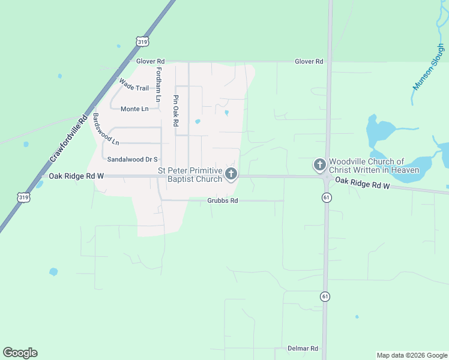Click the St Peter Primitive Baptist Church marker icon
click(x=231, y=174)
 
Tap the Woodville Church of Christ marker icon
click(x=320, y=164)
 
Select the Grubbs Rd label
click(x=223, y=200)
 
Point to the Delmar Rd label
click(x=303, y=349)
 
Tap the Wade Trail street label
click(x=133, y=85)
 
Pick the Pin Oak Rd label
click(x=176, y=110)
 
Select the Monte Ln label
click(x=134, y=109)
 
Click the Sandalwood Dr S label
click(x=132, y=160)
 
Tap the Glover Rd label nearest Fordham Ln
click(x=150, y=61)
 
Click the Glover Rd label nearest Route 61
click(x=309, y=61)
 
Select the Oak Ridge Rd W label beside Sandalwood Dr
click(x=77, y=176)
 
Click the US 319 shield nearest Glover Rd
click(x=142, y=41)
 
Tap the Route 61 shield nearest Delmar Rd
click(x=325, y=296)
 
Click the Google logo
click(x=20, y=353)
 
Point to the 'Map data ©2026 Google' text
click(x=411, y=355)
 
